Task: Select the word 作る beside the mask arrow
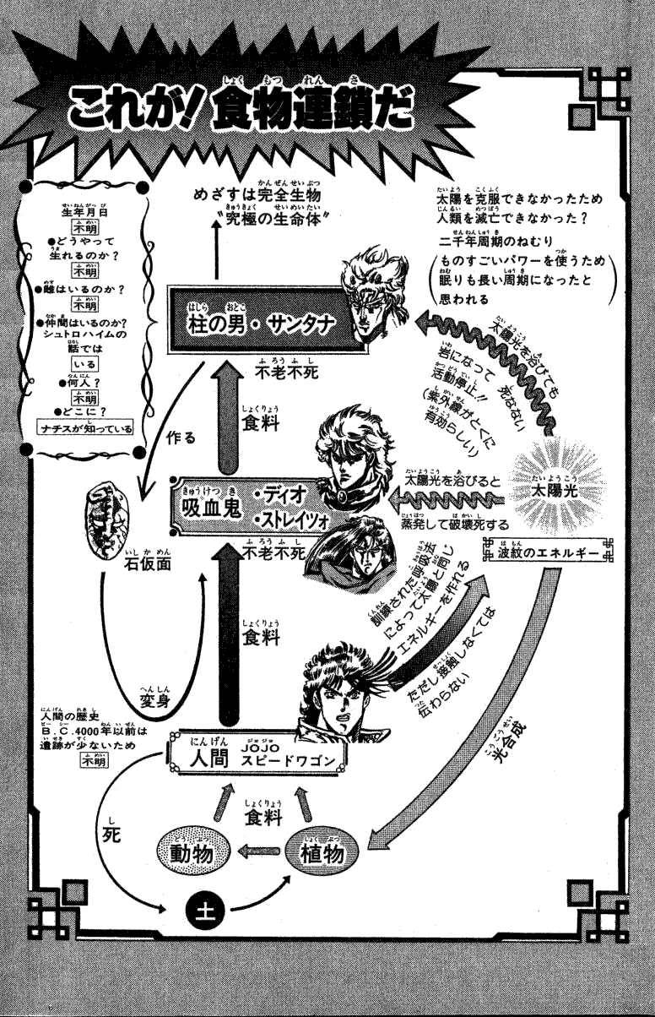coord(182,437)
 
